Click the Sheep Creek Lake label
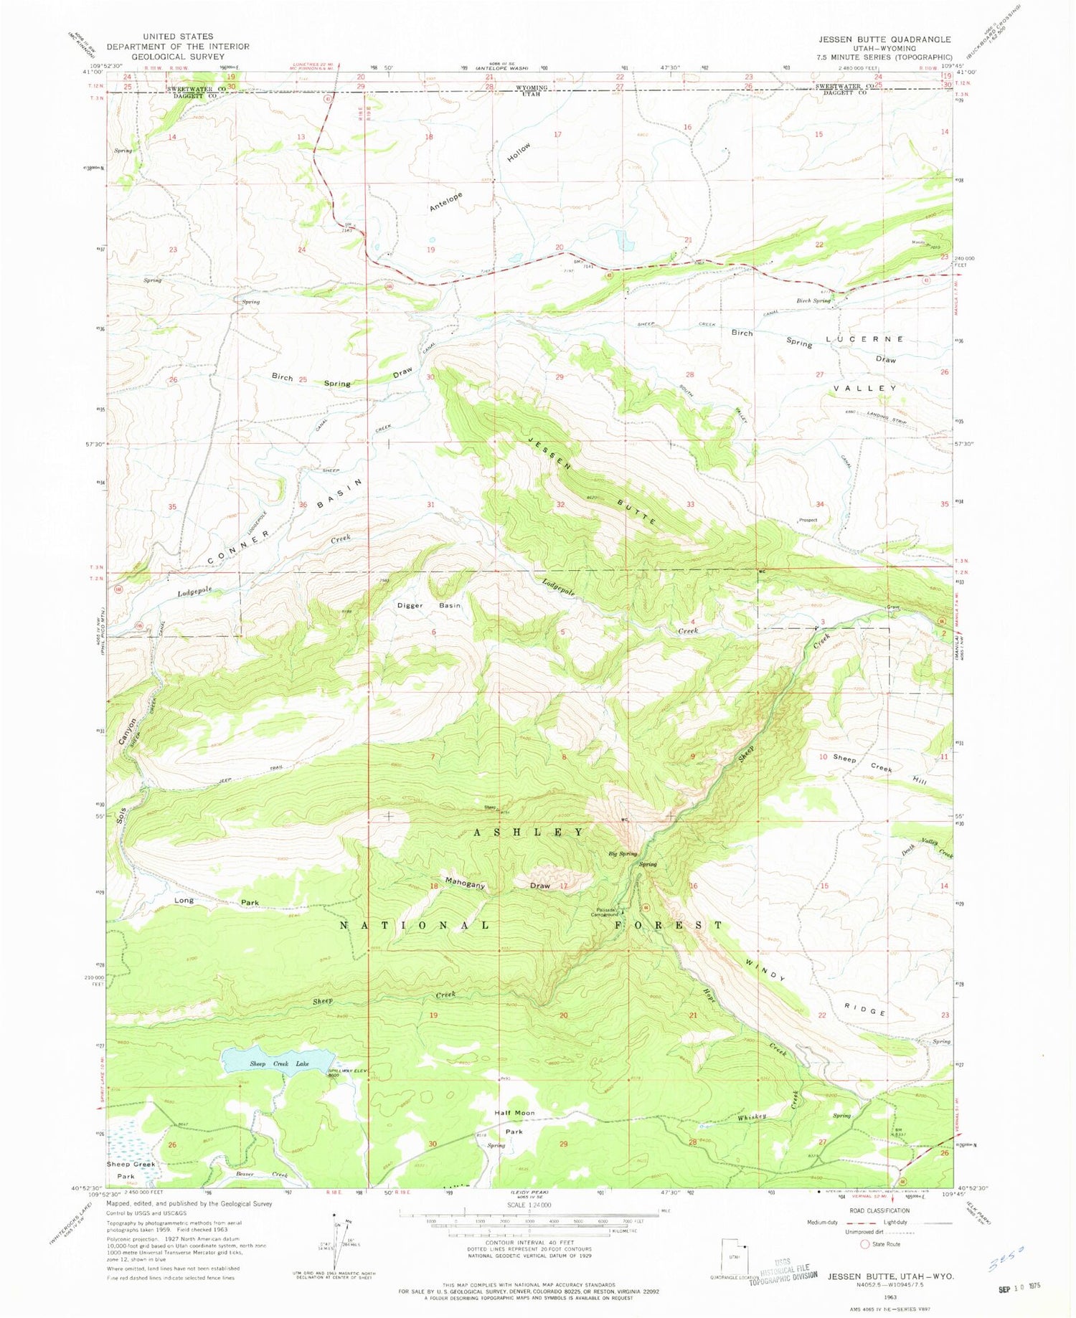click(x=279, y=1063)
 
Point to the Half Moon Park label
click(x=514, y=1122)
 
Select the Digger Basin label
click(x=429, y=605)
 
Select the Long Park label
click(x=216, y=901)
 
